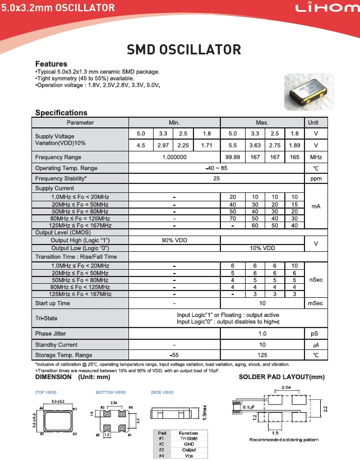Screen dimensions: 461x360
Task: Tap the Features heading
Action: pyautogui.click(x=51, y=64)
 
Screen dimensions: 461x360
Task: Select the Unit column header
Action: pyautogui.click(x=316, y=122)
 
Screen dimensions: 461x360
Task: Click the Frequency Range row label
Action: pyautogui.click(x=58, y=157)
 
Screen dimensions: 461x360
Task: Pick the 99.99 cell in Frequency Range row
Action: pyautogui.click(x=231, y=157)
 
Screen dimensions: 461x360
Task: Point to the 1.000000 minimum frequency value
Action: pyautogui.click(x=174, y=157)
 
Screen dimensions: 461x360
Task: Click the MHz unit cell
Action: pyautogui.click(x=316, y=157)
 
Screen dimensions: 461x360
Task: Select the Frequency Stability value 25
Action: pyautogui.click(x=216, y=178)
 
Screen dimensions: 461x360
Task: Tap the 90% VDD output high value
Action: pyautogui.click(x=174, y=240)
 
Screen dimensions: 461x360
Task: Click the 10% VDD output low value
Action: pyautogui.click(x=262, y=247)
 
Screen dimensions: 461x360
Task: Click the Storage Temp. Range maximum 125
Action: pyautogui.click(x=262, y=355)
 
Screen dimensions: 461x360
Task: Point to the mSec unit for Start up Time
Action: pyautogui.click(x=316, y=303)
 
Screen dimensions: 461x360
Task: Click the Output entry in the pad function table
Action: pyautogui.click(x=188, y=449)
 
